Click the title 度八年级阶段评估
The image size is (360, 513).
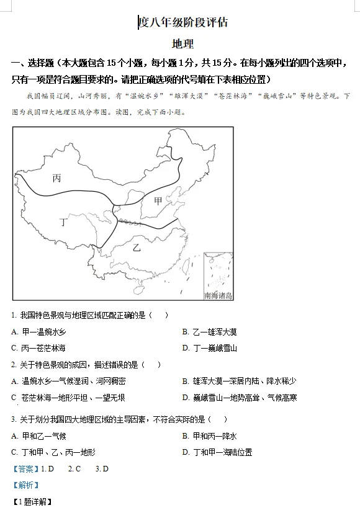coord(183,23)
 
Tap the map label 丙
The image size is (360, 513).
coord(56,178)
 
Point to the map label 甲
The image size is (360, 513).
coord(158,200)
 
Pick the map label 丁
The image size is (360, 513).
coord(63,221)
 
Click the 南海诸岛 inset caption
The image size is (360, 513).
coord(218,296)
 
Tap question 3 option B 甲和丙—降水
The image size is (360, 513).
coord(209,436)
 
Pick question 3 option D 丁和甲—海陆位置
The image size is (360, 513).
coord(217,452)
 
